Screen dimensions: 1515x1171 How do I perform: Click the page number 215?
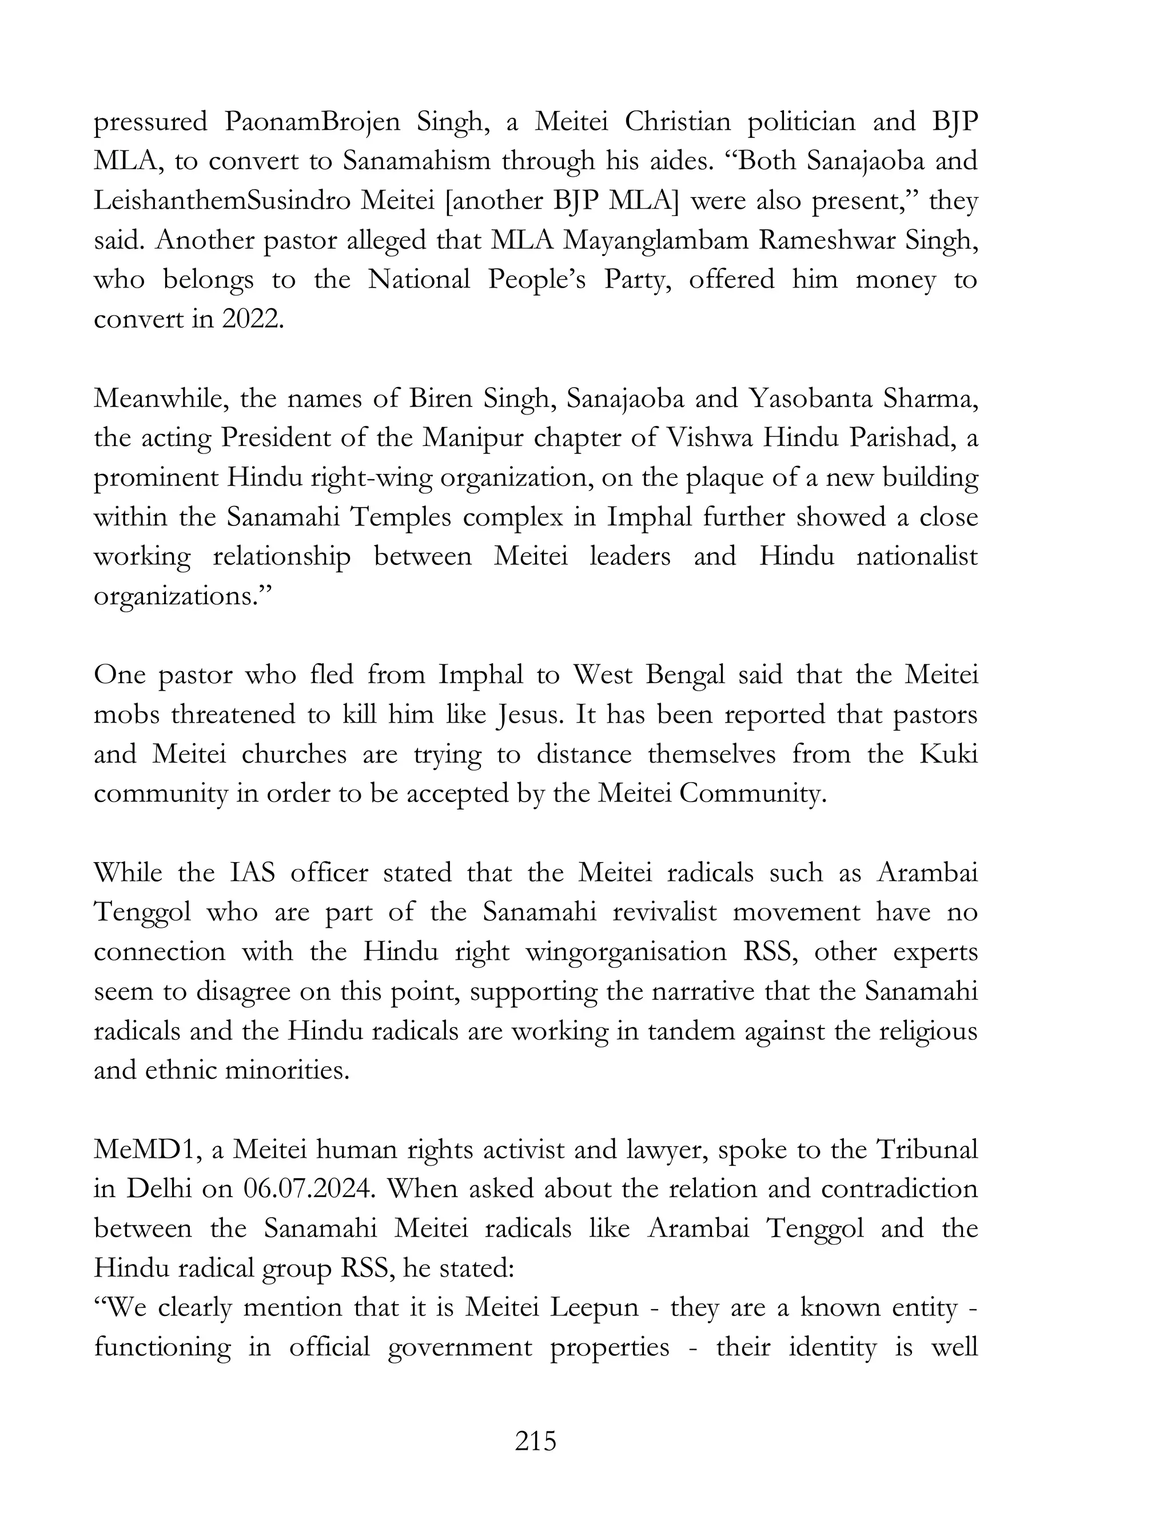tap(536, 1441)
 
